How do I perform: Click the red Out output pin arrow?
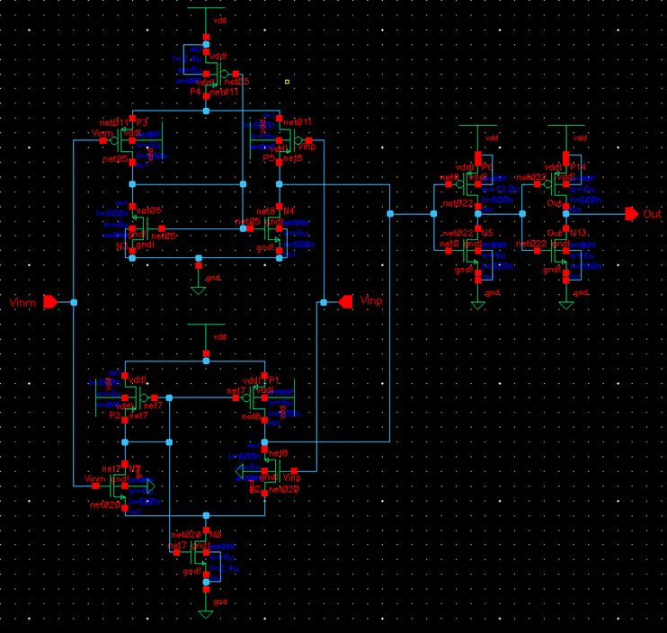tap(632, 214)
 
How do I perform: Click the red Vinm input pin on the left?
tap(51, 302)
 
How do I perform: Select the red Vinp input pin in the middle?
tap(344, 302)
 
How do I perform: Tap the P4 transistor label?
tap(195, 92)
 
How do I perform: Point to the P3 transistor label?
tap(141, 122)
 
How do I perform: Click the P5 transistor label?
tap(269, 158)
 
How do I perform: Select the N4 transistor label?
tap(289, 212)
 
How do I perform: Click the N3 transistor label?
tap(121, 245)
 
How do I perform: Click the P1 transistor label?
tap(275, 381)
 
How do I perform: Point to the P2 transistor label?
tap(114, 416)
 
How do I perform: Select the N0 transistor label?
tap(216, 535)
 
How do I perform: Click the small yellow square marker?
tap(287, 82)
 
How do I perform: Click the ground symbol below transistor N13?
tap(565, 305)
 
